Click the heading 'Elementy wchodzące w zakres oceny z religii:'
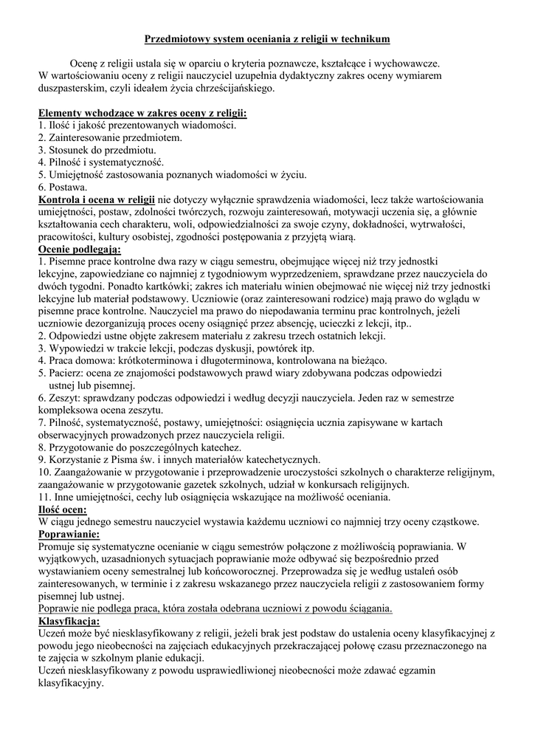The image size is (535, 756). [142, 113]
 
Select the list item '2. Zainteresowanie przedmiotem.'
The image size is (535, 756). [109, 137]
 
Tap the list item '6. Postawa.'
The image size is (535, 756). [63, 188]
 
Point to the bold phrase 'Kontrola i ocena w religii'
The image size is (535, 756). [96, 199]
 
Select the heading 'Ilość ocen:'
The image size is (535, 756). [63, 509]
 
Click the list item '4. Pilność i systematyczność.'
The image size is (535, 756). [101, 162]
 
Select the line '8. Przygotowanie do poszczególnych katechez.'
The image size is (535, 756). [139, 447]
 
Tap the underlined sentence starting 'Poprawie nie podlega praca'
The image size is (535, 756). [215, 608]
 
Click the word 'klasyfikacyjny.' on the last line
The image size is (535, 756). [71, 683]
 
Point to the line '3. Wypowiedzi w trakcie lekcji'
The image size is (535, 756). [176, 348]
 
